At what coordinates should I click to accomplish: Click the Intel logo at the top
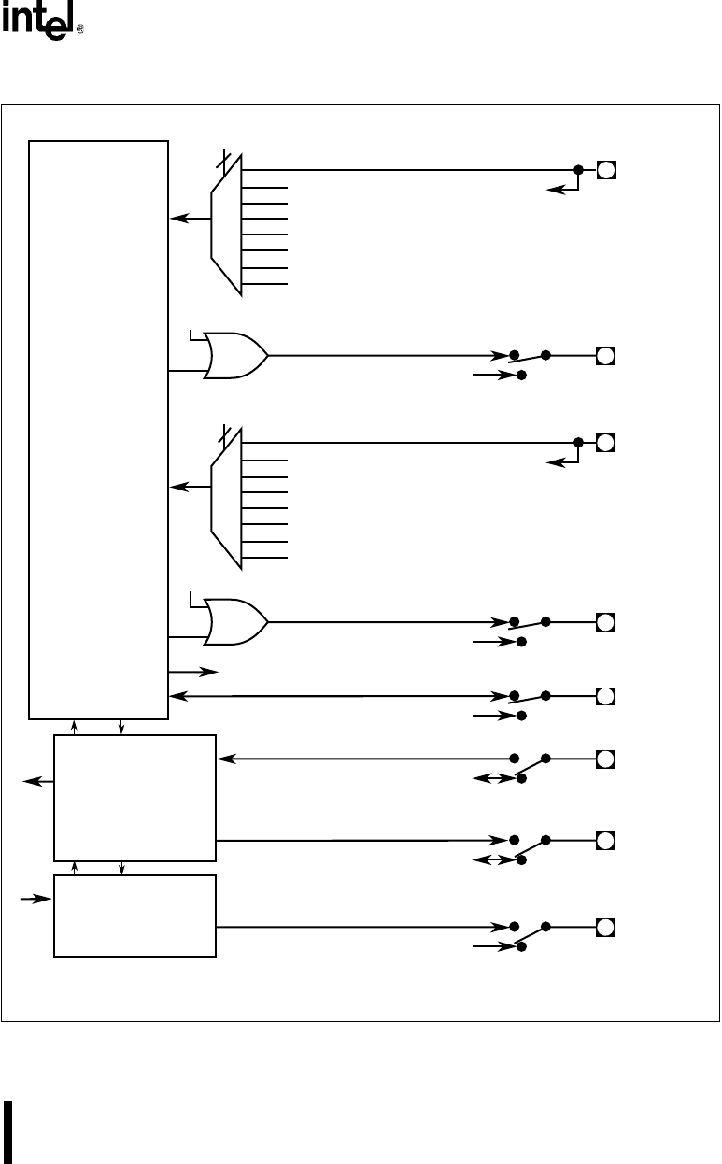coord(36,23)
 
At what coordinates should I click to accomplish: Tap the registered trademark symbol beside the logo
coord(79,30)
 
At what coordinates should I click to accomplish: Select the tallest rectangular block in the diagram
coord(98,430)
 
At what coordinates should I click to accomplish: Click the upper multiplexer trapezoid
coord(227,224)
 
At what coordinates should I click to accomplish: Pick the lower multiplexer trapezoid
coord(227,498)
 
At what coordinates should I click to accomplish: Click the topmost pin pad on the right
coord(605,170)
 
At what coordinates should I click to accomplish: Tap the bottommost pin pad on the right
coord(605,928)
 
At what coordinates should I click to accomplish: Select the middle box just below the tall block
coord(134,798)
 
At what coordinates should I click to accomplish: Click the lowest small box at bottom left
coord(134,916)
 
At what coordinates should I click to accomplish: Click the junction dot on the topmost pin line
coord(578,170)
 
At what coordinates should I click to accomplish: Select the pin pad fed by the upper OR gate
coord(605,355)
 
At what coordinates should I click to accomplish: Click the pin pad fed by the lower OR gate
coord(605,622)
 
